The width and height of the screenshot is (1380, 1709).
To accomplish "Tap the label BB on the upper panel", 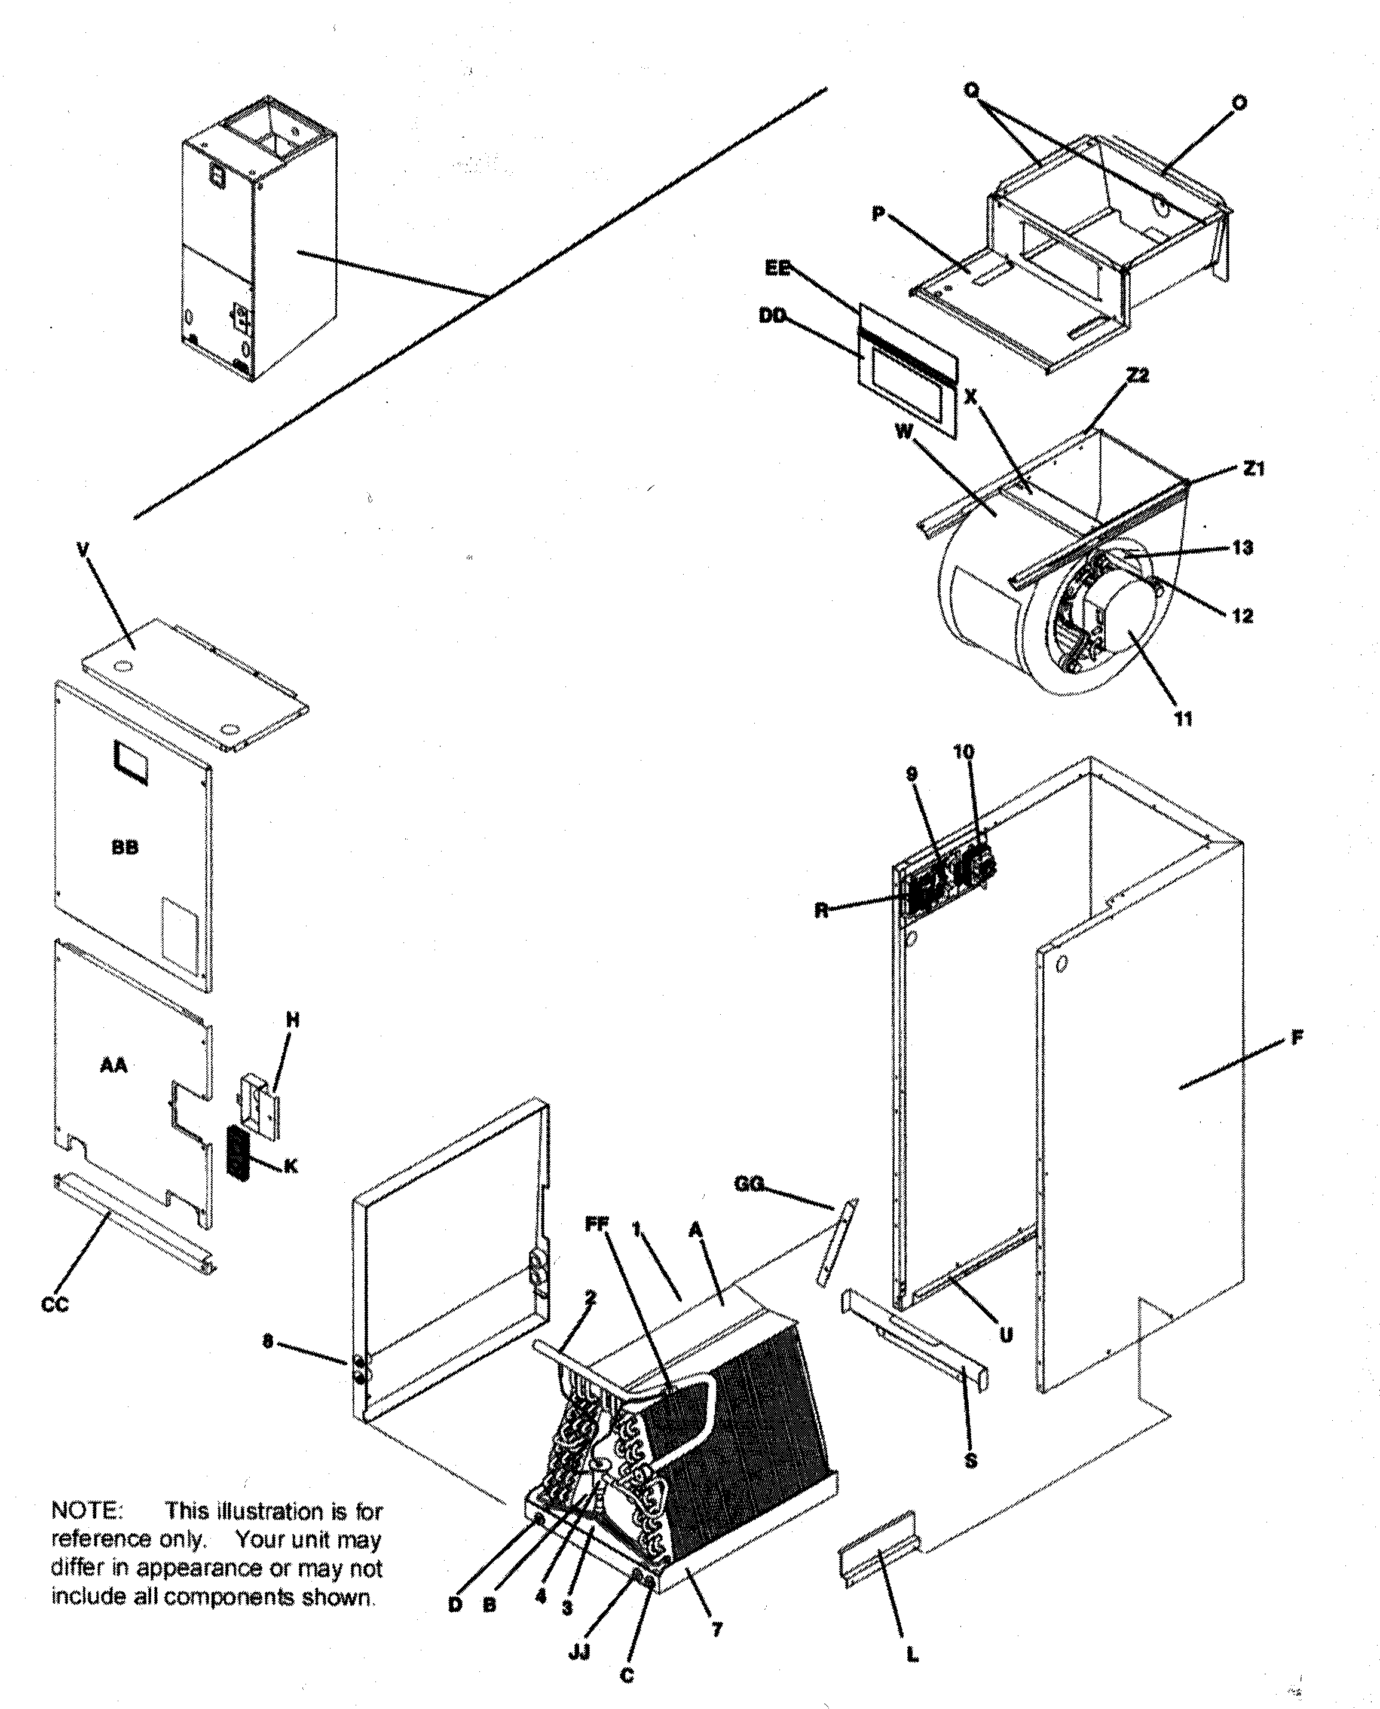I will pyautogui.click(x=125, y=848).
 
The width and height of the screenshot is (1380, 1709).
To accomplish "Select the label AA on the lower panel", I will pyautogui.click(x=114, y=1065).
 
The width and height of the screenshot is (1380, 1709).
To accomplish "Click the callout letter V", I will pyautogui.click(x=84, y=550).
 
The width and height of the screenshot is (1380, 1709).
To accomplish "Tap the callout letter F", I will pyautogui.click(x=1296, y=1039).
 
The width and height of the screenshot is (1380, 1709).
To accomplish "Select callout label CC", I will pyautogui.click(x=55, y=1305).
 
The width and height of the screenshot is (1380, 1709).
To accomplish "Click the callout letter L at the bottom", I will pyautogui.click(x=912, y=1656).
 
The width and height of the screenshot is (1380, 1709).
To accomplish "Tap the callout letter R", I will pyautogui.click(x=821, y=911).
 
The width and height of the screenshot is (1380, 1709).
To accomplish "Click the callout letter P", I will pyautogui.click(x=877, y=215).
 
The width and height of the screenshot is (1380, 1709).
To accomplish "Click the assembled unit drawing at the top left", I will pyautogui.click(x=258, y=239).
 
